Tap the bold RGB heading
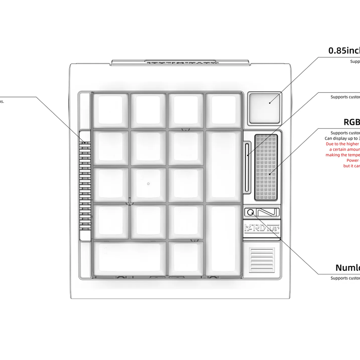coord(351,122)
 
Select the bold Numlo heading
coord(348,267)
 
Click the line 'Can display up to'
coord(342,138)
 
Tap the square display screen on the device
coord(264,107)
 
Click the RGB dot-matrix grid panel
coord(266,167)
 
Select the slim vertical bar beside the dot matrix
coord(247,163)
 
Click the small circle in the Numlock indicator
coord(250,212)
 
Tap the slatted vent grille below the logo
coord(262,259)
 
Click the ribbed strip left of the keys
coord(84,185)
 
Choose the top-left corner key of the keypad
coord(110,110)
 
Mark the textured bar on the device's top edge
coord(180,62)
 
